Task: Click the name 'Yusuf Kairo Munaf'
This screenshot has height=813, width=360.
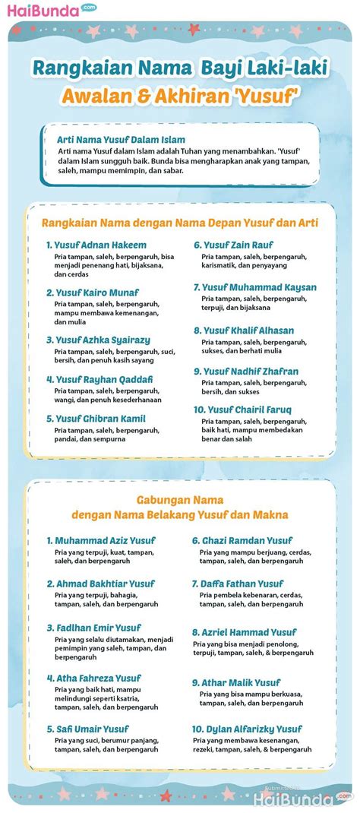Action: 96,292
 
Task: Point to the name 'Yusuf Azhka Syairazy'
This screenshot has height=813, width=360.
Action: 102,340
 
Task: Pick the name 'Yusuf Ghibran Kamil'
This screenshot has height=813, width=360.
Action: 99,418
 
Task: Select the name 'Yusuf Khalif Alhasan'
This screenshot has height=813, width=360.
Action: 248,331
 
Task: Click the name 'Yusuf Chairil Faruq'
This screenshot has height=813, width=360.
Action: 247,410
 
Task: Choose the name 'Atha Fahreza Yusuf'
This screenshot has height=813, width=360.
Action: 98,678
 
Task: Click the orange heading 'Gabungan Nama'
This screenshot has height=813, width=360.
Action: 179,500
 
